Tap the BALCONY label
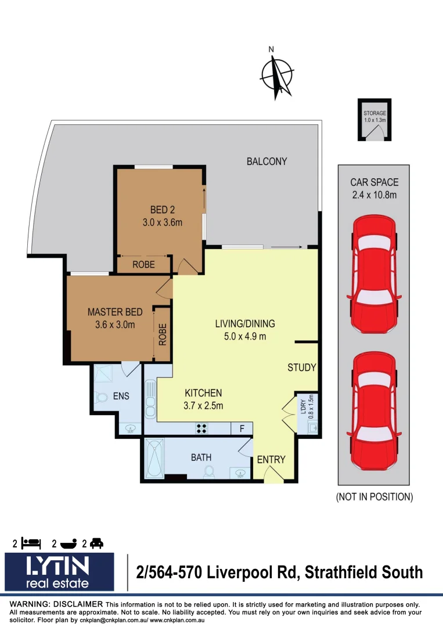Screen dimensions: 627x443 [266, 161]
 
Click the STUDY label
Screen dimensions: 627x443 [302, 367]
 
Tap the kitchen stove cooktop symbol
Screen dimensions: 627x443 [202, 429]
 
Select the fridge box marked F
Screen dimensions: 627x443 [241, 429]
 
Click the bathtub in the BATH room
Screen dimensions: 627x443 [154, 459]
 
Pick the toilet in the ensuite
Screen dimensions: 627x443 [102, 398]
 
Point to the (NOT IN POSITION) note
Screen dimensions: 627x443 [374, 497]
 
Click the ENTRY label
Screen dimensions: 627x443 [271, 459]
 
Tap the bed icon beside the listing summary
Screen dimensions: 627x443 [31, 543]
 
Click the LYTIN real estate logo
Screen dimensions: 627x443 [60, 572]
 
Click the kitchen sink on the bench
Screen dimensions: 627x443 [150, 399]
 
